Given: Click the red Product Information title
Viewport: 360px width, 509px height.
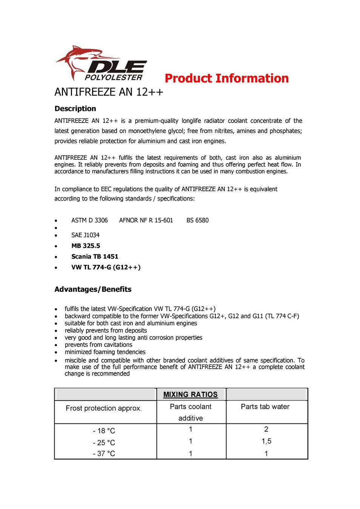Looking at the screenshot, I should pos(226,78).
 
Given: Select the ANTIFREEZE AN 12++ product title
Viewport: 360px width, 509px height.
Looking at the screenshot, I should pos(109,92).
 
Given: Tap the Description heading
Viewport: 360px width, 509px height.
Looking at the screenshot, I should pos(75,109).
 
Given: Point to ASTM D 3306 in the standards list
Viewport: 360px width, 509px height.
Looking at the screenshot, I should pos(89,220).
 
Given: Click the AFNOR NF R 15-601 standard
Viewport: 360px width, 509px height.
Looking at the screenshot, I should pos(146,220).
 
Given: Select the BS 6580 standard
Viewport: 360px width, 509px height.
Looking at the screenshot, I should pos(197,220).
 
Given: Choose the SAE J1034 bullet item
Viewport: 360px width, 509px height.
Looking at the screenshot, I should pos(85,235).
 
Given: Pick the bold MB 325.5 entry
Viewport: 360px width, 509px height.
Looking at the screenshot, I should pos(86,246).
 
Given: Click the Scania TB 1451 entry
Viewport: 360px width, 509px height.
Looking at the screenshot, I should pos(95,256).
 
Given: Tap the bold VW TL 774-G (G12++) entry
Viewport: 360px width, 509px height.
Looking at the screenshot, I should pos(106,267).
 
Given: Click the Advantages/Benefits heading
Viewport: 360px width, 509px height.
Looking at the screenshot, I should pos(93,289).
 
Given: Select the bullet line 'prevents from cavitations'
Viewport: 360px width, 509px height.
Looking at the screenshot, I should pos(98,345).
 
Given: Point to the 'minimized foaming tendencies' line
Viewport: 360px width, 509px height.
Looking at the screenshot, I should pos(105,352).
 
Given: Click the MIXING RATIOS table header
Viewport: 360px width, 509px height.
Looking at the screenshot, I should pos(190,394).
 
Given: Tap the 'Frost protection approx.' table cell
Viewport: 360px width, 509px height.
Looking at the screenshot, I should pos(104,408).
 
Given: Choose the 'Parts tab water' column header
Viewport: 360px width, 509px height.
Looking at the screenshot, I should pos(265,406).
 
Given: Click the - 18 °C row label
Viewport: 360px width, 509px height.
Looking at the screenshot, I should pos(104,431).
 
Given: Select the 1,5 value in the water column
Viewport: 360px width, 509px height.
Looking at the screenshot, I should pos(266,441).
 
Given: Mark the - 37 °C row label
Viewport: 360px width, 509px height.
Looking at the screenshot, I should pos(104,454).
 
